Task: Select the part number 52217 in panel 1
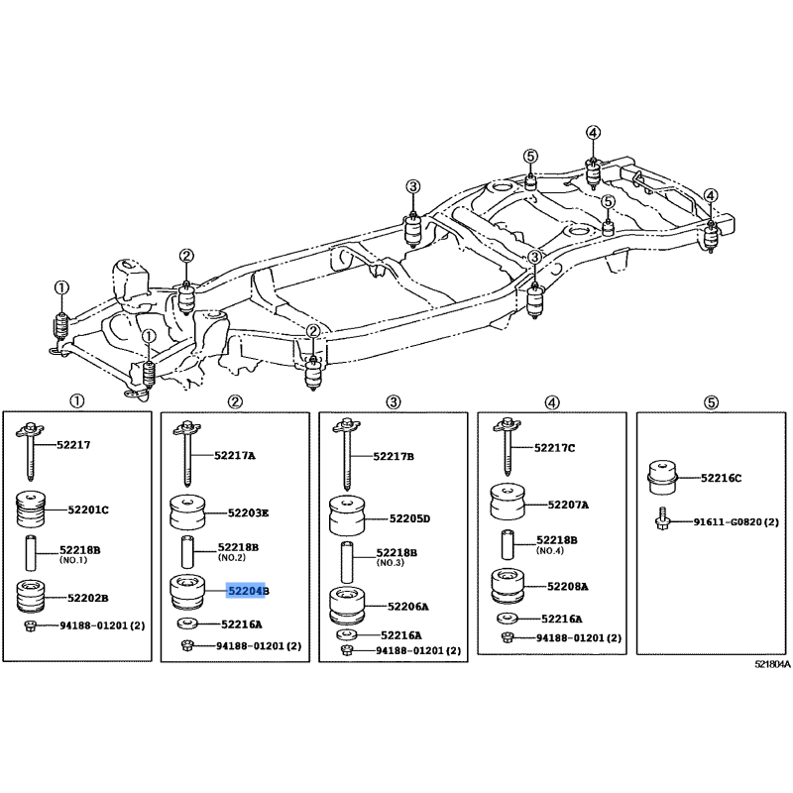73,445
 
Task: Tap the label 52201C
88,510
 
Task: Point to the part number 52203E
248,512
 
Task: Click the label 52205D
409,518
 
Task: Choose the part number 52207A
568,505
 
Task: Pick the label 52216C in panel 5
722,478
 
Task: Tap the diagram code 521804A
772,664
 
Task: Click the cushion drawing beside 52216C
662,478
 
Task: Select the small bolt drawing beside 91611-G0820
661,519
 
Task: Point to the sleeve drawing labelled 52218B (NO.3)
346,562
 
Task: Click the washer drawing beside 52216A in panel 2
187,623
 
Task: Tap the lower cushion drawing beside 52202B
32,597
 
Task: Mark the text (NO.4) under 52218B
550,551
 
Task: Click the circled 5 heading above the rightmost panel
711,402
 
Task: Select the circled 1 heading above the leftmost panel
76,401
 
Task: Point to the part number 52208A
567,587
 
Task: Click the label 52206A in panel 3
408,607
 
